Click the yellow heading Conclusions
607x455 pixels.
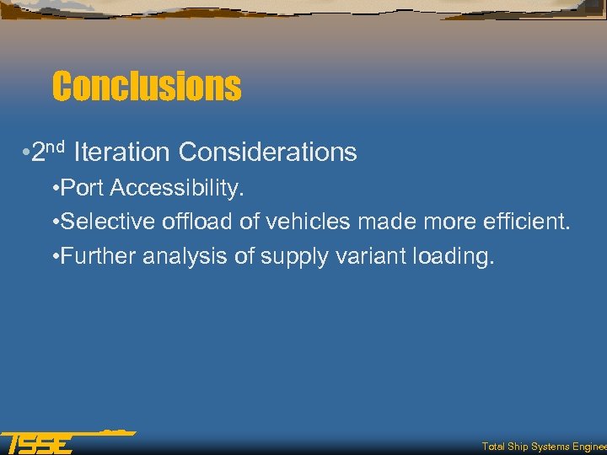pos(146,86)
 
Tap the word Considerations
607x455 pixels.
pos(268,153)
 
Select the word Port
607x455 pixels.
pos(81,188)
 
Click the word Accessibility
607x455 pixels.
pos(175,188)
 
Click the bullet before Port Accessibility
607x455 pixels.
pos(55,189)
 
